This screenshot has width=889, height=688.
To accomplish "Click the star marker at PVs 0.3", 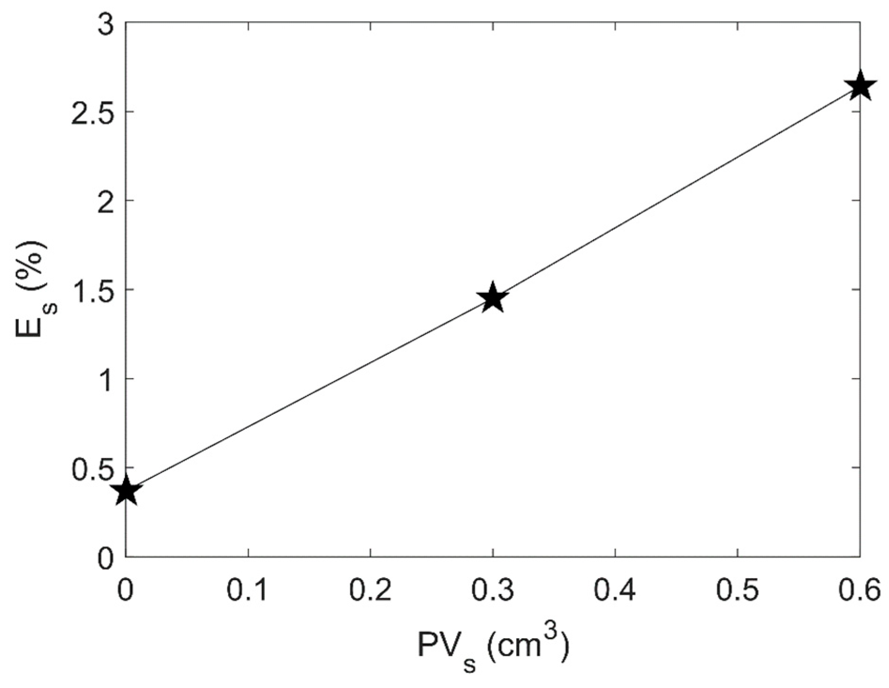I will point(492,298).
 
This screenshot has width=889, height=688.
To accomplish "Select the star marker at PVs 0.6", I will point(859,87).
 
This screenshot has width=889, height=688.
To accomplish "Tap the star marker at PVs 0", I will point(126,491).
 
